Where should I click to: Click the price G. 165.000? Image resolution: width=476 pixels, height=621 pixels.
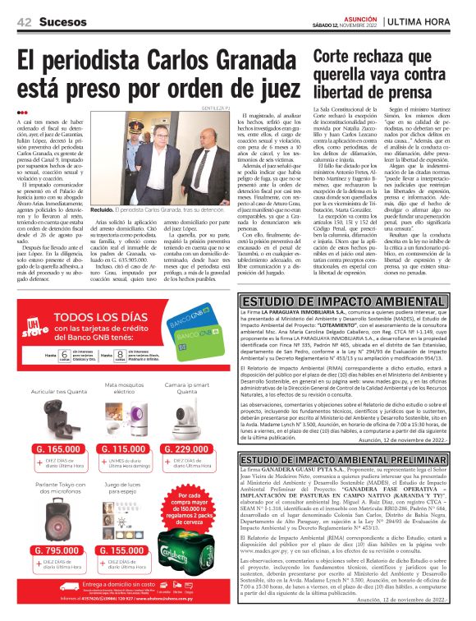click(x=59, y=449)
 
